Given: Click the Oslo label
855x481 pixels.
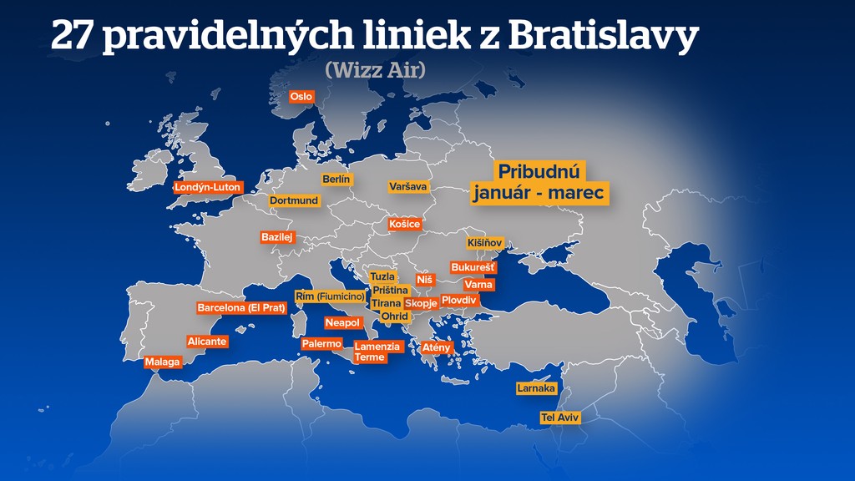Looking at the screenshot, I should pos(301,97).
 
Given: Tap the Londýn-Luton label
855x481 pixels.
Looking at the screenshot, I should pos(207,188).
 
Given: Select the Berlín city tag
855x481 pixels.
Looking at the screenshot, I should pos(337,180).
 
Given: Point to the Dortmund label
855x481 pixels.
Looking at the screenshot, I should pos(294,201).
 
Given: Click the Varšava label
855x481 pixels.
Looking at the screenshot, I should pos(408,187).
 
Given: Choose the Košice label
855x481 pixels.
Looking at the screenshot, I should pos(405,225).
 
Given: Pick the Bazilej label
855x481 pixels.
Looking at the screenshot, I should pos(278,237).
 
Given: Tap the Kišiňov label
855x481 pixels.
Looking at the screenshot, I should pos(484,243).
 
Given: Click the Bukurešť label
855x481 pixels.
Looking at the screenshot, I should pos(473,267).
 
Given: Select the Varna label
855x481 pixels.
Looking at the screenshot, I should pos(478,285).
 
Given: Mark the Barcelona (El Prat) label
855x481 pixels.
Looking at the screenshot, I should pos(241,308).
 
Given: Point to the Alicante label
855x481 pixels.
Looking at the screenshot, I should pos(207,342).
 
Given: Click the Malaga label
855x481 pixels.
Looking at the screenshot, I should pos(163,362).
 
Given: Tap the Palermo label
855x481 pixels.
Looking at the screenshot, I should pos(321,344).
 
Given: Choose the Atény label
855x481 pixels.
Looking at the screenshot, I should pos(437,347).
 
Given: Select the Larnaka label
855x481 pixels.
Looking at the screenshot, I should pos(536,388).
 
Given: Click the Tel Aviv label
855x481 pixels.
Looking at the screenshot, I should pos(559,417).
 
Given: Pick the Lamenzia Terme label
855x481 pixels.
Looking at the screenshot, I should pos(378,352).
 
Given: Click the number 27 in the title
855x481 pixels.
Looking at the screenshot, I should pos(71,36).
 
